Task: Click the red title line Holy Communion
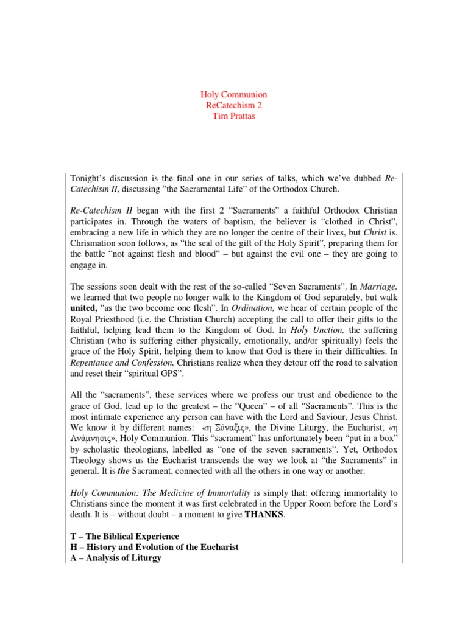[x=234, y=95]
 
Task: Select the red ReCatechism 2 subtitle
[x=234, y=105]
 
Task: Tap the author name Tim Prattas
[x=234, y=116]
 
